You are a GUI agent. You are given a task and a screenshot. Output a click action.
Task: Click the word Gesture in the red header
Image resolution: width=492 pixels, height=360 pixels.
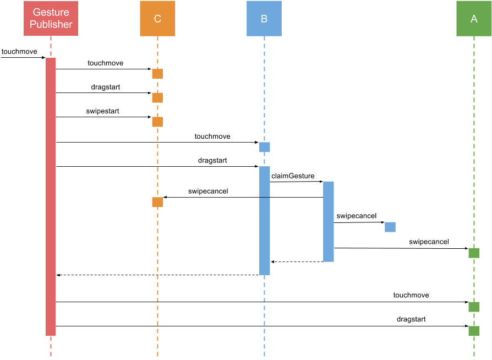(x=51, y=13)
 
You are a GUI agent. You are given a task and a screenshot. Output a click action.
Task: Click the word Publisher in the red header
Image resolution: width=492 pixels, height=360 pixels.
(x=51, y=24)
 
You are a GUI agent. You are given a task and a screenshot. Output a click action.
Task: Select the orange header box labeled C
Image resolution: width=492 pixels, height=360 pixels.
(x=157, y=19)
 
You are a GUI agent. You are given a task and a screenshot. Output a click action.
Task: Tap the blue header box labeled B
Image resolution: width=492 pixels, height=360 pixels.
(x=264, y=19)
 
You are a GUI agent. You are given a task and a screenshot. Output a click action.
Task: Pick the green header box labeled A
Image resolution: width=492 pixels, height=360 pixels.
(x=474, y=19)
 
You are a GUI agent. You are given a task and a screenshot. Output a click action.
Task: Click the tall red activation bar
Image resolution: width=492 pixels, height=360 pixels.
(x=51, y=197)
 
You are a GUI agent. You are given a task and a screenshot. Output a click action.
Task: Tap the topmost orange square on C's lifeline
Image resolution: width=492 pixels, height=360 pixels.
(x=157, y=74)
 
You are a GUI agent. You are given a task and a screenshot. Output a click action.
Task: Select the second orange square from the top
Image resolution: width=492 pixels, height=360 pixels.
(x=157, y=98)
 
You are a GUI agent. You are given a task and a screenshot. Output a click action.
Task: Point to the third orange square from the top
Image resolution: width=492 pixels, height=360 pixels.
(x=157, y=122)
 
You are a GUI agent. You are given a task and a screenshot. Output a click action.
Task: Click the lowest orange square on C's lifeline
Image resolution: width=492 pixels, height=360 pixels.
(x=157, y=202)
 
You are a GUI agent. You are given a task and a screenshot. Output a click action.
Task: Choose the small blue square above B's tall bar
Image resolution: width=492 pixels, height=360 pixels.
(x=265, y=147)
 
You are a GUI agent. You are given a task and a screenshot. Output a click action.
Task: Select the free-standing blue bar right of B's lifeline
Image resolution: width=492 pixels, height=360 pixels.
(x=329, y=221)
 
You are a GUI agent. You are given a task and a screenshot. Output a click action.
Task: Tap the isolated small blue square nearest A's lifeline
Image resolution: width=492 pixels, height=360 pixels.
(x=390, y=227)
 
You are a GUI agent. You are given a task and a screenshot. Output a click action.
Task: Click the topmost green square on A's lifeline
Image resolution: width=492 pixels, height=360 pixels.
(x=474, y=253)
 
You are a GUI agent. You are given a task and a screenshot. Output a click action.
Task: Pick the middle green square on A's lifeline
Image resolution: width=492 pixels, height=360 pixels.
(x=474, y=307)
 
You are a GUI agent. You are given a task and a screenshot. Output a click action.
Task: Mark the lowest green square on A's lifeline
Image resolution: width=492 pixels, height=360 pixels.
(x=474, y=331)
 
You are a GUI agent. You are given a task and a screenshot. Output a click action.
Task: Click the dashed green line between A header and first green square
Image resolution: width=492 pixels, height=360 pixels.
(x=474, y=138)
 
